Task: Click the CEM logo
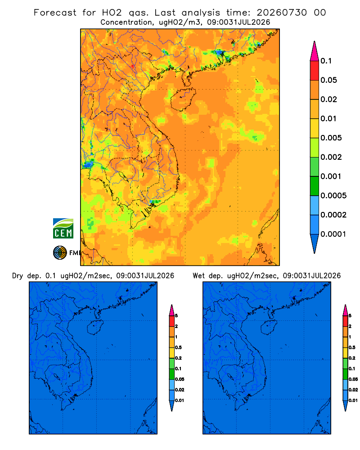[63, 229]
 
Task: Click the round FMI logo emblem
[60, 252]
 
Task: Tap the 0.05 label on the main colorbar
[328, 80]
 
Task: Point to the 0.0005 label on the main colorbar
[333, 196]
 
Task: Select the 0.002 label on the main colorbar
[331, 157]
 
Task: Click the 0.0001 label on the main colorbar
[333, 234]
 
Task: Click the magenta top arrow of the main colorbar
[315, 51]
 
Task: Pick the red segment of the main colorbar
[315, 71]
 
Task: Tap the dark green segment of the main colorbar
[315, 186]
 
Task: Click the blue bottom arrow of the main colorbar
[315, 243]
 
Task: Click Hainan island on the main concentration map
[183, 99]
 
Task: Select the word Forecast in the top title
[55, 13]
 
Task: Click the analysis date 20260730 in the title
[282, 13]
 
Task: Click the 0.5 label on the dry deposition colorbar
[178, 347]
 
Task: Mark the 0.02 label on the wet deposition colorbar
[353, 390]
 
